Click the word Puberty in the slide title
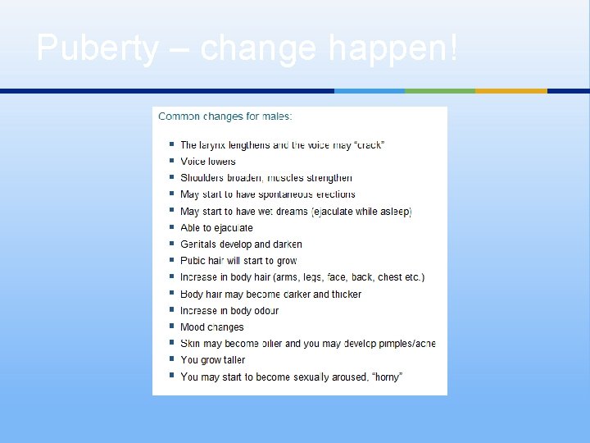(x=97, y=49)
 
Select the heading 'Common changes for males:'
(x=225, y=116)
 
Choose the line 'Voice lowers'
(x=207, y=162)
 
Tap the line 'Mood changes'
(x=211, y=327)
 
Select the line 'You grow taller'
(x=212, y=360)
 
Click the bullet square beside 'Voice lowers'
(x=171, y=161)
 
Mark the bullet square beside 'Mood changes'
(x=171, y=327)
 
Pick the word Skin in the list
(x=189, y=344)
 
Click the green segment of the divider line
(x=440, y=90)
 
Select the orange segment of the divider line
(x=511, y=90)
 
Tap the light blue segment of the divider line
(x=370, y=90)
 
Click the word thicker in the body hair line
(x=346, y=295)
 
